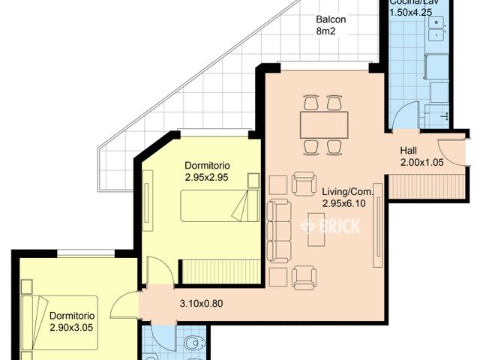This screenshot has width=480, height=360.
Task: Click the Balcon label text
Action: (x=331, y=19)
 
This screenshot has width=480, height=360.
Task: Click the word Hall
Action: (x=409, y=150)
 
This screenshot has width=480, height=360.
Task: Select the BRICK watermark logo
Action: (x=330, y=225)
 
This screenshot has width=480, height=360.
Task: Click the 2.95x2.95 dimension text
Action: (x=207, y=178)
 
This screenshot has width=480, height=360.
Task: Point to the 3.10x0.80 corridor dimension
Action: (x=203, y=304)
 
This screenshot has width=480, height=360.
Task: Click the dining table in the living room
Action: (x=323, y=121)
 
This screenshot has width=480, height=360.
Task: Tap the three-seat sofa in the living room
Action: (x=279, y=230)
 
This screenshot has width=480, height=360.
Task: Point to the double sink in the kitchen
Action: (x=436, y=29)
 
